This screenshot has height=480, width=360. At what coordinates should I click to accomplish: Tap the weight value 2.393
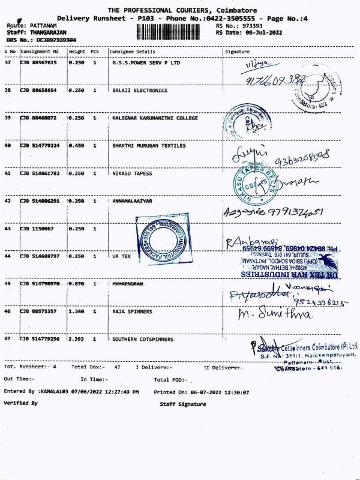click(76, 339)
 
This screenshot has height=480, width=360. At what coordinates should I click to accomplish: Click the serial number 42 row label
click(8, 201)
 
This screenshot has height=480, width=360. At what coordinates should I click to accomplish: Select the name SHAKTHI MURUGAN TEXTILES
click(149, 146)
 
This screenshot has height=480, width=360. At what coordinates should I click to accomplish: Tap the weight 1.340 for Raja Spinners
click(76, 311)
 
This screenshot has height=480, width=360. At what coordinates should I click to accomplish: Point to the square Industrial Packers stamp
click(163, 232)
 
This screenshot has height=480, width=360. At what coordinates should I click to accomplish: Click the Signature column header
click(236, 52)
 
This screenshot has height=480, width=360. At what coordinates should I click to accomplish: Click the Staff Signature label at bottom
click(183, 404)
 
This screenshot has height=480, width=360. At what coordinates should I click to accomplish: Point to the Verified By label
click(21, 403)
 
